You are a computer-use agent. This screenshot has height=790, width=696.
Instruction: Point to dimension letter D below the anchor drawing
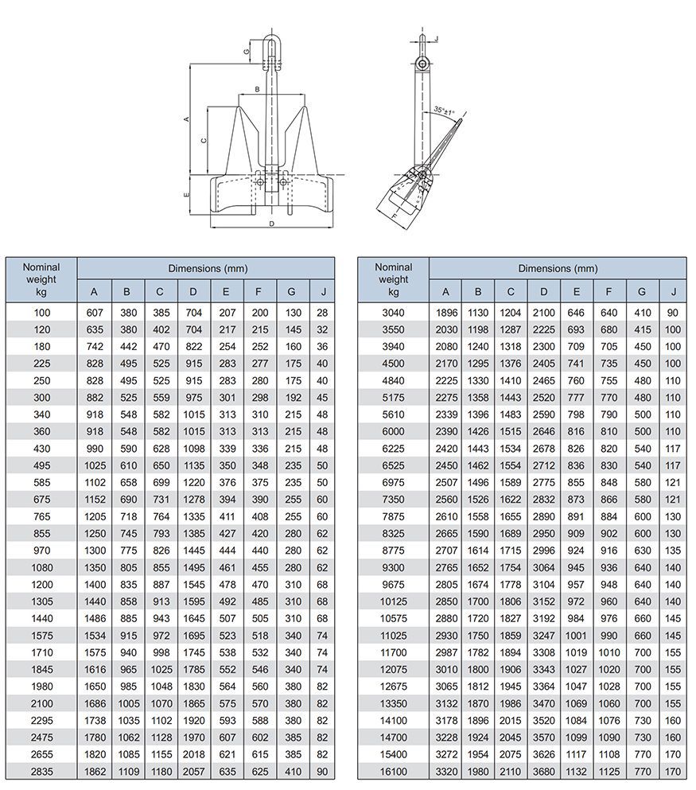[x=272, y=224]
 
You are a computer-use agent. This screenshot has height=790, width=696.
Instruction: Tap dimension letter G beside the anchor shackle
[x=247, y=52]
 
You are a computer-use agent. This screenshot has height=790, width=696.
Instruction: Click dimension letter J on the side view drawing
[x=437, y=38]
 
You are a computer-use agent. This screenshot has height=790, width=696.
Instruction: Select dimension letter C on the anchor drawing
[x=204, y=141]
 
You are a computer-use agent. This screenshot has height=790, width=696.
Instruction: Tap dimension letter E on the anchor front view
[x=186, y=193]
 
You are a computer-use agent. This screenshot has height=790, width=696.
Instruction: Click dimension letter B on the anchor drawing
[x=257, y=89]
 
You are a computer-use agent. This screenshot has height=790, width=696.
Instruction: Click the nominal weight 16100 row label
[x=393, y=770]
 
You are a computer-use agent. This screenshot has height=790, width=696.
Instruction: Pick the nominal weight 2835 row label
[x=41, y=770]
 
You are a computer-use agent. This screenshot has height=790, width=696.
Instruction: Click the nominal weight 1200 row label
[x=41, y=585]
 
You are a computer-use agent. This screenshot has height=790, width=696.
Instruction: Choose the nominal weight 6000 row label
[x=393, y=431]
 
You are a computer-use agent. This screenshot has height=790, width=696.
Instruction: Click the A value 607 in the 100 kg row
[x=94, y=313]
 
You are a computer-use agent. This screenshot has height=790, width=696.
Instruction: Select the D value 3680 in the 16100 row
[x=543, y=770]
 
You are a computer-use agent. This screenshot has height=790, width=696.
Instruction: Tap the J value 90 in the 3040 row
[x=673, y=313]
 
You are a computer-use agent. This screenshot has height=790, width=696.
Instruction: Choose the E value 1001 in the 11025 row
[x=576, y=635]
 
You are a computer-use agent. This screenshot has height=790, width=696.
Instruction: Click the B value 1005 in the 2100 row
[x=127, y=703]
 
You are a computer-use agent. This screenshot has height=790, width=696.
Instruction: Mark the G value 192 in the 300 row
[x=292, y=398]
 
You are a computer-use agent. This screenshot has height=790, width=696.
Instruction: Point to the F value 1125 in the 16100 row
[x=609, y=770]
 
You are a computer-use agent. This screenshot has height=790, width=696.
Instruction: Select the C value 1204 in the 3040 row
[x=511, y=313]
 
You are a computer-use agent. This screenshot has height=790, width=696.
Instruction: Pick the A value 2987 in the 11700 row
[x=445, y=652]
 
